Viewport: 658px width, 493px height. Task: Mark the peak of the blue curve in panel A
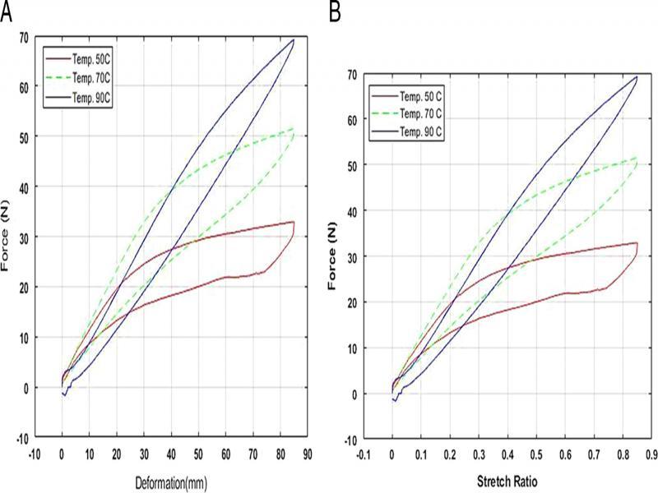pyautogui.click(x=294, y=39)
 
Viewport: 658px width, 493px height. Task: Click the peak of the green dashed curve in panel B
pyautogui.click(x=636, y=157)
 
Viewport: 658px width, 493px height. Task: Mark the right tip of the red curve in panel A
pyautogui.click(x=294, y=222)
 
